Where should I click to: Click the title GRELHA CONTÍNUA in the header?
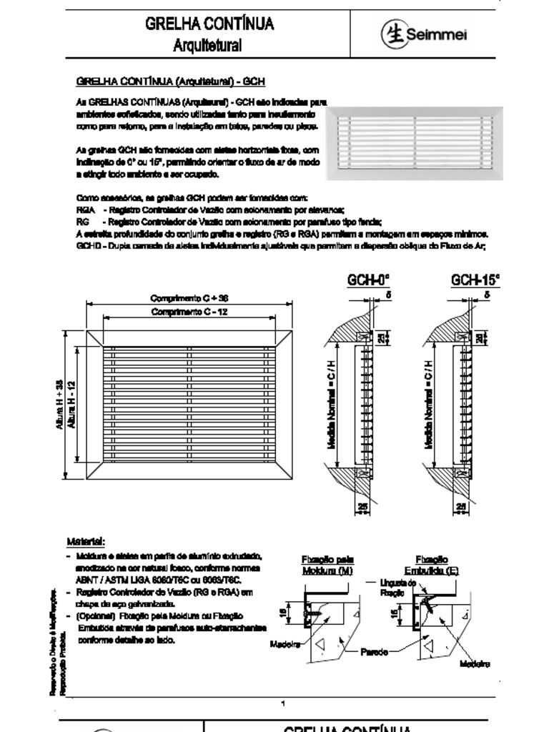pos(209,24)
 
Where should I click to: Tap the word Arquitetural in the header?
pos(209,46)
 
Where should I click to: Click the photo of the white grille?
pos(415,143)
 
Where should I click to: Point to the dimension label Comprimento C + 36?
pos(189,297)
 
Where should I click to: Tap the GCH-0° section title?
pos(368,279)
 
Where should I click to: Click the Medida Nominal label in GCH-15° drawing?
pos(430,405)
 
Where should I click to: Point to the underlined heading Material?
pos(86,541)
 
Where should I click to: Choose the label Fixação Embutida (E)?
pos(432,565)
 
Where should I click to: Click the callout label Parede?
pos(374,652)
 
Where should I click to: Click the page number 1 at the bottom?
pos(284,703)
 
